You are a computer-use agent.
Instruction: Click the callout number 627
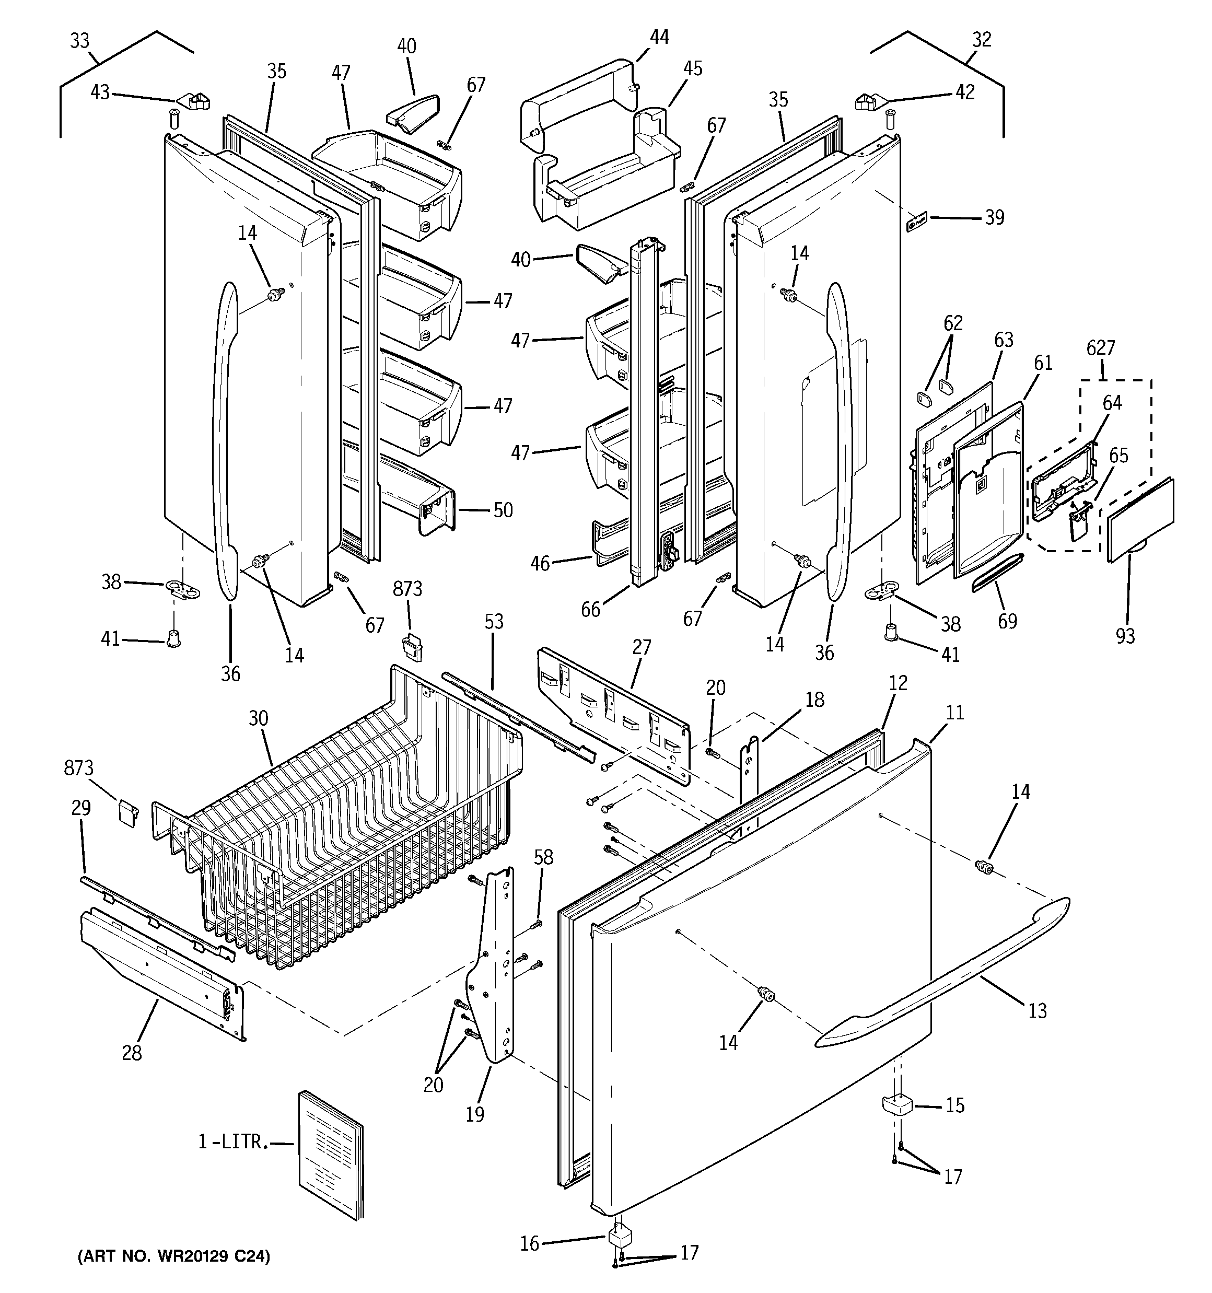click(x=1101, y=348)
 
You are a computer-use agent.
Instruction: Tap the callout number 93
click(x=1125, y=635)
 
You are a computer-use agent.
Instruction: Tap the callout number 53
click(x=494, y=622)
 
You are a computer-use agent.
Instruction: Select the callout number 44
click(x=659, y=37)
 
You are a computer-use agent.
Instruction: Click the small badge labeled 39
click(x=916, y=223)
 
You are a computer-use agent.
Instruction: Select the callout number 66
click(x=591, y=610)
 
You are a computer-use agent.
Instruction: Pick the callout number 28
click(x=132, y=1052)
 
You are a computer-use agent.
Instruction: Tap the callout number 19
click(x=475, y=1114)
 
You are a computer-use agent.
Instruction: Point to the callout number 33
click(x=79, y=41)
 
